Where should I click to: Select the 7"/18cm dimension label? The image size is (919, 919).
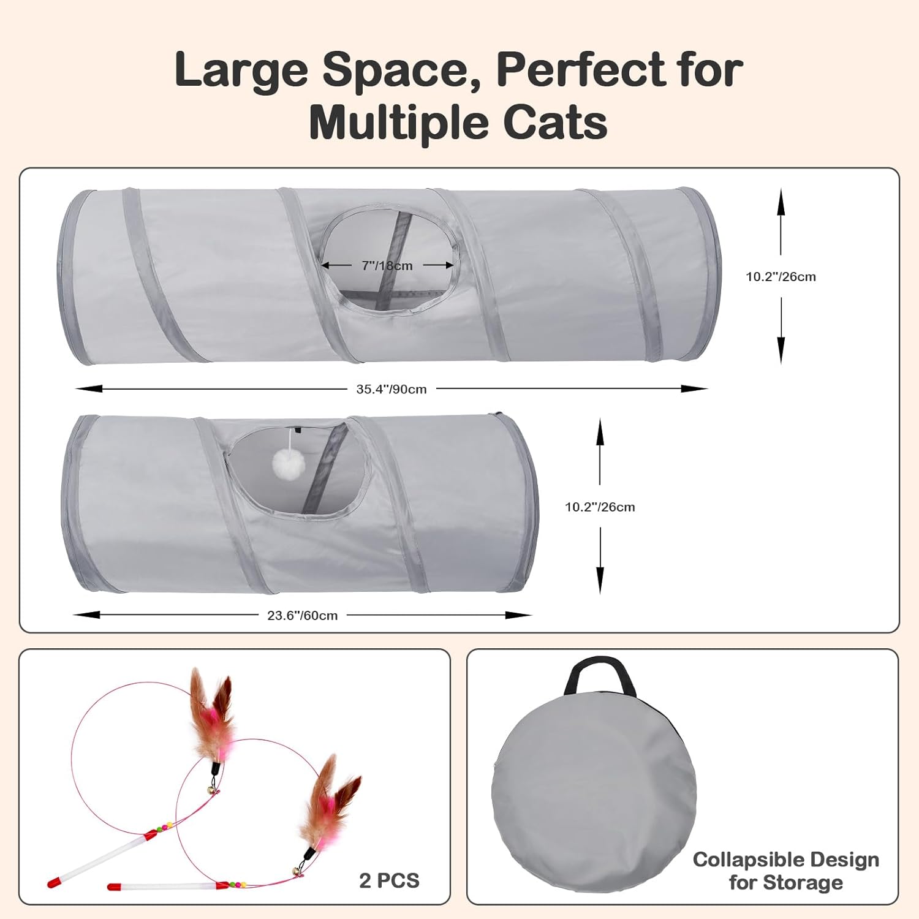(x=387, y=266)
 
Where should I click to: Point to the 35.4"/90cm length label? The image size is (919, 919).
(x=391, y=389)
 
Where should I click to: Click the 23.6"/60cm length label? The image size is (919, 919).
(x=302, y=616)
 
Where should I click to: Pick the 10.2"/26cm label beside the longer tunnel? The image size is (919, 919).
(x=781, y=277)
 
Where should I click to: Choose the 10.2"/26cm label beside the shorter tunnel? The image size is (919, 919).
(x=600, y=507)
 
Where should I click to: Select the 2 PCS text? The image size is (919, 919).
(x=389, y=881)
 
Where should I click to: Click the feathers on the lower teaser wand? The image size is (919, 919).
(x=328, y=803)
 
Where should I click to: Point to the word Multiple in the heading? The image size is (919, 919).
(x=398, y=123)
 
